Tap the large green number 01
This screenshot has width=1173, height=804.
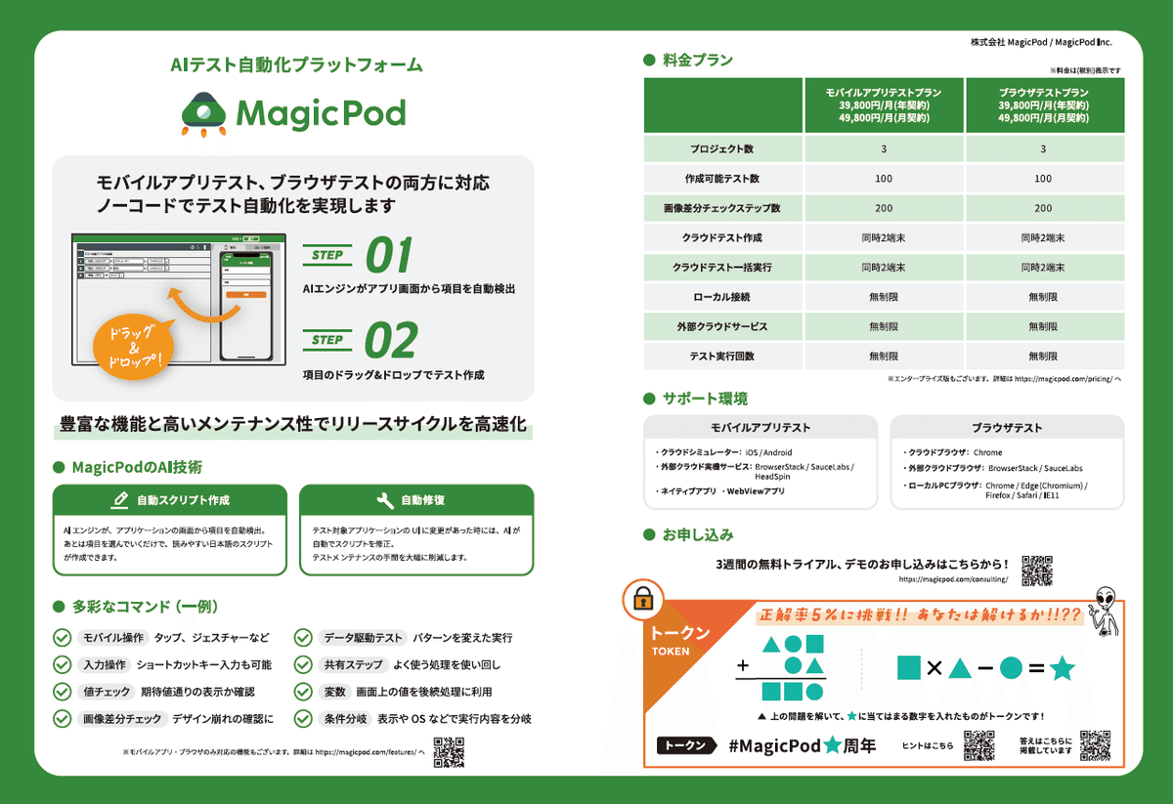pos(388,255)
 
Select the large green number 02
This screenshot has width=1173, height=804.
pos(390,340)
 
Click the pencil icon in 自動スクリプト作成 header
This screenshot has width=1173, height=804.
pos(120,500)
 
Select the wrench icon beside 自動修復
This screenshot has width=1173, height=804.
pos(385,500)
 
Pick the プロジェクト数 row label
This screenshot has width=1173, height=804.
pos(721,149)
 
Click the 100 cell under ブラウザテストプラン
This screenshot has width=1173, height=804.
pos(1043,179)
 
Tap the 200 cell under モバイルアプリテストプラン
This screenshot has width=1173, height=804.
pos(884,208)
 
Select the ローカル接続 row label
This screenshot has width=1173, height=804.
pos(721,296)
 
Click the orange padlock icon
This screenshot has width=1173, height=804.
pos(643,598)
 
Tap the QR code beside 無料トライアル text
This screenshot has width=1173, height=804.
pos(1036,570)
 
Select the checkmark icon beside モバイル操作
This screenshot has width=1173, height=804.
pos(61,638)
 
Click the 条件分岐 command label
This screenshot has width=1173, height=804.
pos(345,719)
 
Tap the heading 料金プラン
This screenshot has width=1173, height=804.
pos(697,61)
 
